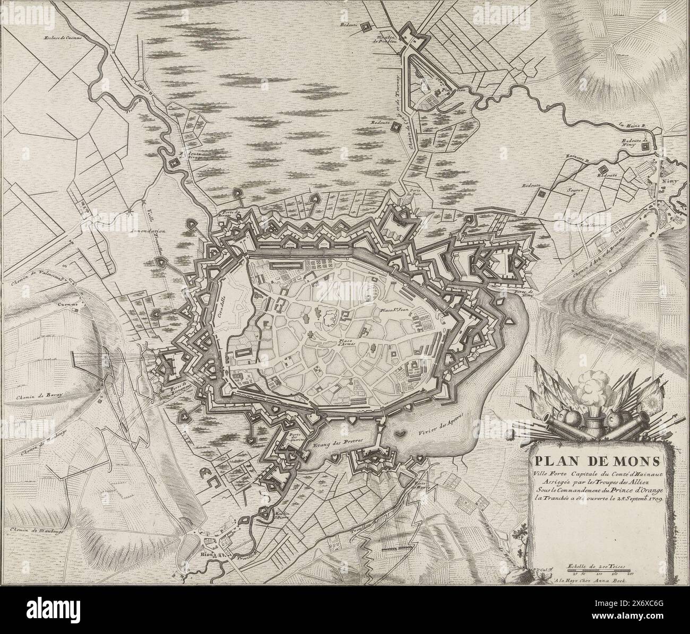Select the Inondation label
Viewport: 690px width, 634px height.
(150, 231)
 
